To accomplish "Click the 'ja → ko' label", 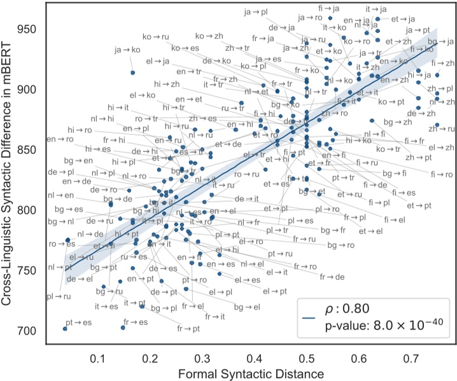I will click(x=126, y=50).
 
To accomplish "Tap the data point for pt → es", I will click(x=65, y=328).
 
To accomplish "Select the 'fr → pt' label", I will click(x=188, y=328).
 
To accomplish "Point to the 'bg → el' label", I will click(x=247, y=307).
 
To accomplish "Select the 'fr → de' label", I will click(x=332, y=277).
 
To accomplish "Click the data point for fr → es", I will click(x=123, y=328).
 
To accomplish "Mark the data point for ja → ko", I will click(x=132, y=73).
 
